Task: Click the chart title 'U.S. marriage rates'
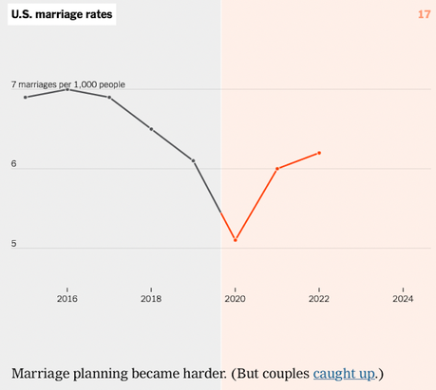point(63,15)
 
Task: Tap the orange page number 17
point(424,14)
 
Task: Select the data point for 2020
point(235,240)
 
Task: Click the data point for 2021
point(277,169)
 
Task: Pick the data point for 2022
point(319,153)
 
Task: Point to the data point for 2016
point(66,89)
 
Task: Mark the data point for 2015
point(25,97)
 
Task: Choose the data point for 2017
point(109,97)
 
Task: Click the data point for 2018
point(151,129)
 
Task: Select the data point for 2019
point(193,160)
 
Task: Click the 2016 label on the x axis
point(66,299)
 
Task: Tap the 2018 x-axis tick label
point(151,299)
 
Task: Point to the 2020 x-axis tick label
point(235,299)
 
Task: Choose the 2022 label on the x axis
point(319,299)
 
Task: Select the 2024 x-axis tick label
point(404,299)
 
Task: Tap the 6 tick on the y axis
point(14,164)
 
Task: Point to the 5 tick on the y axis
point(14,244)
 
